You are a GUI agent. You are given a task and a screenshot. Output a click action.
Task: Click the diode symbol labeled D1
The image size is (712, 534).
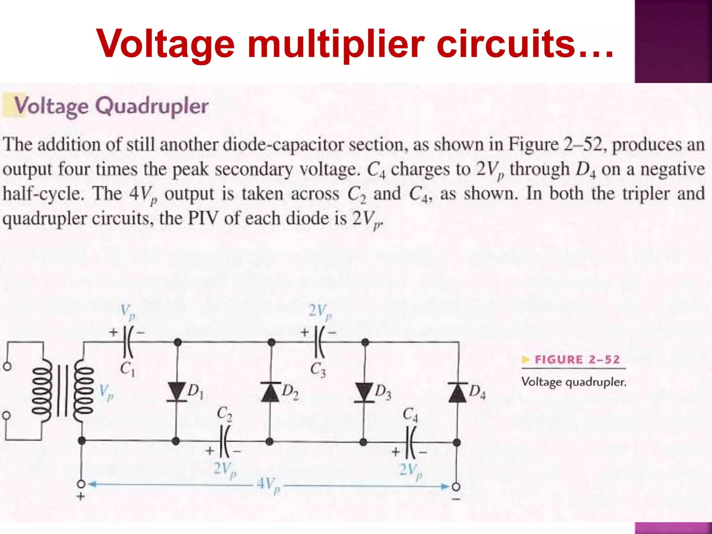coord(177,392)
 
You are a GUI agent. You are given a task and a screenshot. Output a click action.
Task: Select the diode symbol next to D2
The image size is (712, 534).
coord(271,392)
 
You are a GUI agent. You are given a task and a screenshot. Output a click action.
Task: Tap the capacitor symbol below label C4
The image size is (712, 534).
coord(411,443)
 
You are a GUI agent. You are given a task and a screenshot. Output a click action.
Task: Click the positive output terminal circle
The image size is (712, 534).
coord(81,484)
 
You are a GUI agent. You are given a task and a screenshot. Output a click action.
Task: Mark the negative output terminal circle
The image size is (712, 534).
coord(456,487)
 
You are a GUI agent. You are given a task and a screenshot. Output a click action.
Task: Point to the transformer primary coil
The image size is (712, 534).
coord(42,392)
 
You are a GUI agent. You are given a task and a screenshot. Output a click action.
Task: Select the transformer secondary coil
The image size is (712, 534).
coord(83,392)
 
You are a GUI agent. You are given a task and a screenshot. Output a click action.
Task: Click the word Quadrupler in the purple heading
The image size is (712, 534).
coord(152,106)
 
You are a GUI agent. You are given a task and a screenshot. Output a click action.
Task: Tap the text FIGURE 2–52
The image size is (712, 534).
coord(577,359)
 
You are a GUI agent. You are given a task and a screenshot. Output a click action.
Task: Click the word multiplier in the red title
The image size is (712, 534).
coord(336,44)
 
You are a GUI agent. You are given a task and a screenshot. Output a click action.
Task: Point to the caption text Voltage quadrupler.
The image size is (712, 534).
coord(574,382)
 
